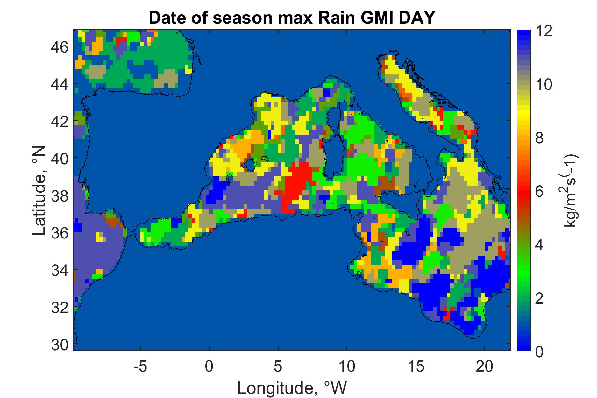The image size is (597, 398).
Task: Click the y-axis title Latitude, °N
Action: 40,191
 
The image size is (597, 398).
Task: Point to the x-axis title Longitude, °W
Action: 292,388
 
